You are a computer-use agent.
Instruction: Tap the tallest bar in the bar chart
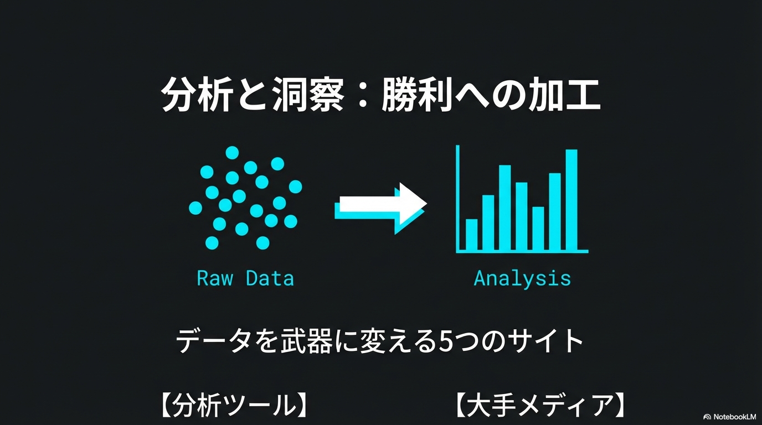(x=571, y=200)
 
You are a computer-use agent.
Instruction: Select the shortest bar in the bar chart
(x=471, y=235)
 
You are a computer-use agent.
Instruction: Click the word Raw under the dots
(x=215, y=278)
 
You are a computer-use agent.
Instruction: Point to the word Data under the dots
(x=270, y=278)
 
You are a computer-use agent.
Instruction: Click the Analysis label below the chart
(x=522, y=279)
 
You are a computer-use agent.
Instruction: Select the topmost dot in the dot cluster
(x=232, y=153)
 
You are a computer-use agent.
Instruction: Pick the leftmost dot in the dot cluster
(x=195, y=208)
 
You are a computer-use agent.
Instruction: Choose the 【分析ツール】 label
(x=233, y=405)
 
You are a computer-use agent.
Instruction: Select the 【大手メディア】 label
(x=540, y=405)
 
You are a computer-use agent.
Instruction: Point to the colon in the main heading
(x=363, y=95)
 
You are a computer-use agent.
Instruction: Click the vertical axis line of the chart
(x=458, y=199)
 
